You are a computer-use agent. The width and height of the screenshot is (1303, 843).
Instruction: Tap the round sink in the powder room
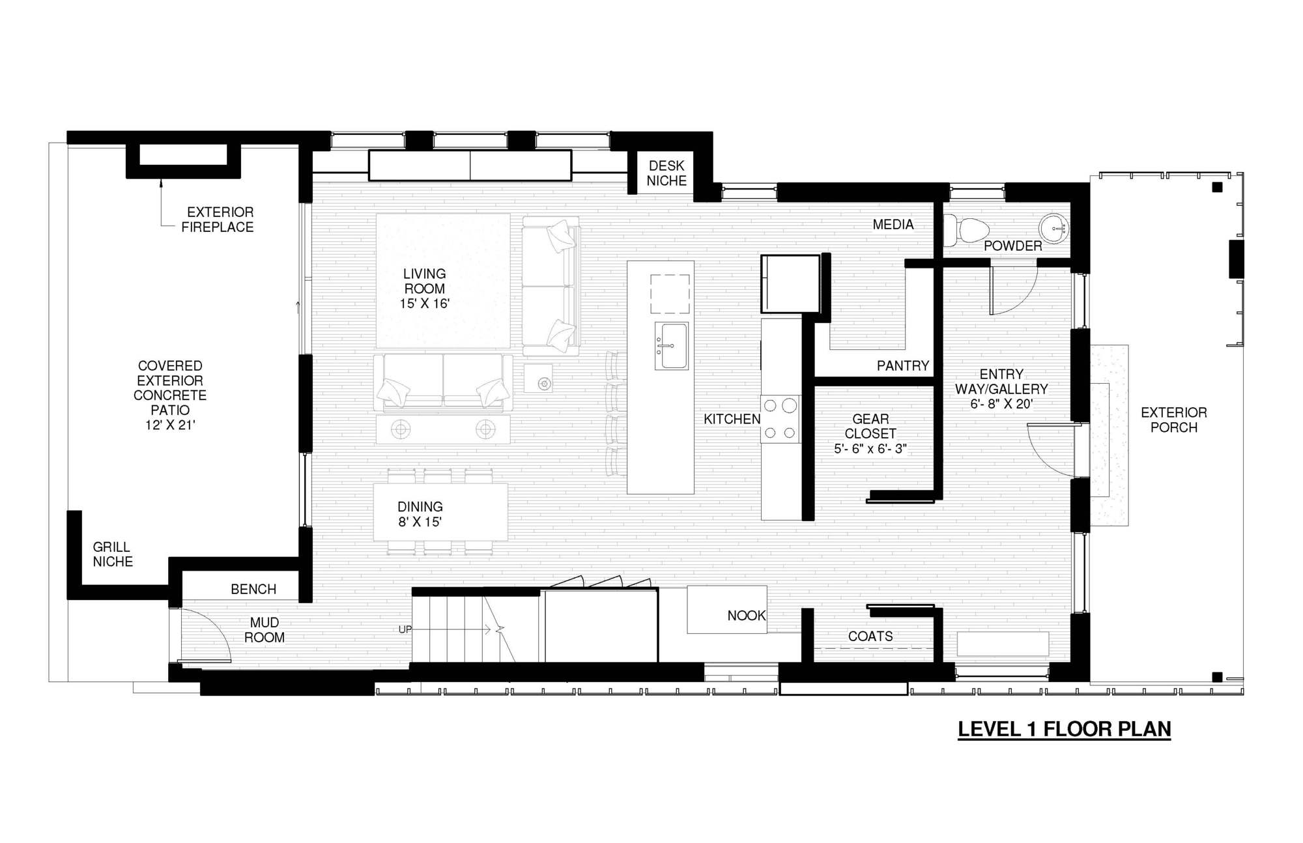[1053, 228]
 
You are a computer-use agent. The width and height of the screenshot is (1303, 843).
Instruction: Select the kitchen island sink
[671, 345]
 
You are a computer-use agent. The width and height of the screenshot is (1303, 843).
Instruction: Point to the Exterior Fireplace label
[218, 220]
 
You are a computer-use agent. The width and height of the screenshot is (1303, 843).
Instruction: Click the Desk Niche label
[666, 173]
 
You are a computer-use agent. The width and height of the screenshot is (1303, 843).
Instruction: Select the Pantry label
[902, 365]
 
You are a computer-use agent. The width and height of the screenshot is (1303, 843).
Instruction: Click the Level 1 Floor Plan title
[1064, 729]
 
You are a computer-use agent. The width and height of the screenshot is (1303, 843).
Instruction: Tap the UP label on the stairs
[405, 629]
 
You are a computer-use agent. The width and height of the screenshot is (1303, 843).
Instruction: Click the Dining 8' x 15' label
[420, 514]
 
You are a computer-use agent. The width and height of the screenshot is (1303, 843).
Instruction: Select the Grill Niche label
[112, 554]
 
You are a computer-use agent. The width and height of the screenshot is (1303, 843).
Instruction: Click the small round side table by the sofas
[544, 384]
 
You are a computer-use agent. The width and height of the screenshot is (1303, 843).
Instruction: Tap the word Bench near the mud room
[253, 589]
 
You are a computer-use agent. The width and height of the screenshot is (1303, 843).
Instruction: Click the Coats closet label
[870, 636]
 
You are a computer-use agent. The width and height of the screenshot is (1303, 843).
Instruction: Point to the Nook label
[746, 615]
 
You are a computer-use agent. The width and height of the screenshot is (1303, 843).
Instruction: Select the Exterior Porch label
[1173, 420]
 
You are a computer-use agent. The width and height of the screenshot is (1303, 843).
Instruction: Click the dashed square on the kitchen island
[670, 294]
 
